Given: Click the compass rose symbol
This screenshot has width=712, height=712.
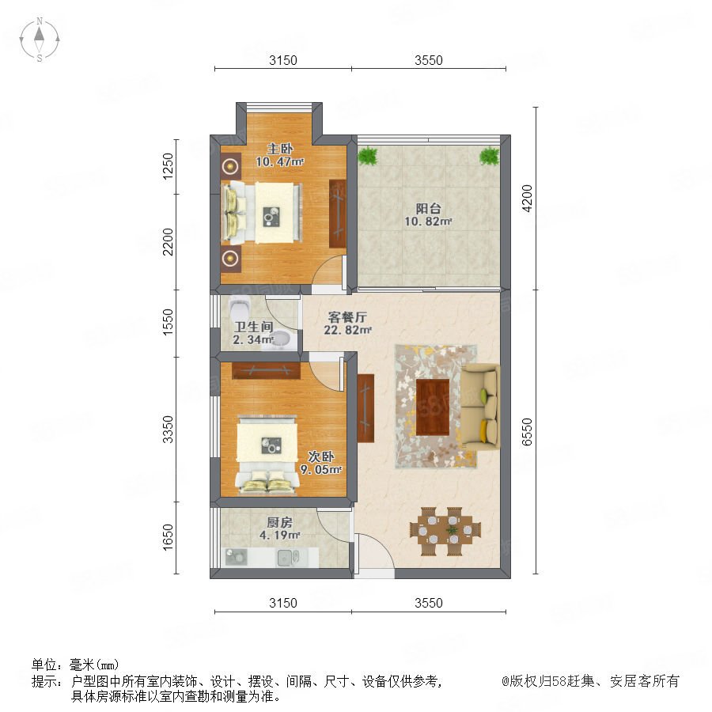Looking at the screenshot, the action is pyautogui.click(x=40, y=40).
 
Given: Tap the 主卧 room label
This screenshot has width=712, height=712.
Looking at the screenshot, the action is pyautogui.click(x=279, y=149).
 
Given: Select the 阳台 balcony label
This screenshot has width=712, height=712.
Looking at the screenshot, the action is pyautogui.click(x=428, y=208).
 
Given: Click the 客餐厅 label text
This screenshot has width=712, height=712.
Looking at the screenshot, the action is pyautogui.click(x=347, y=317).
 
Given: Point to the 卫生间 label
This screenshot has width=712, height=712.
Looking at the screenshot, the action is pyautogui.click(x=253, y=327).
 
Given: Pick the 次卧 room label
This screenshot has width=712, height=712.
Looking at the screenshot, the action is pyautogui.click(x=321, y=456).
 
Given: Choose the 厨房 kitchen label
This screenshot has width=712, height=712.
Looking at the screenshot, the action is pyautogui.click(x=279, y=522).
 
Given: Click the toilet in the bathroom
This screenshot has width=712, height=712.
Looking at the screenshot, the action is pyautogui.click(x=239, y=309).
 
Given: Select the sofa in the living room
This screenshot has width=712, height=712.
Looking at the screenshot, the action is pyautogui.click(x=480, y=407).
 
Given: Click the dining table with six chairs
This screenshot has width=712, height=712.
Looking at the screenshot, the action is pyautogui.click(x=445, y=531).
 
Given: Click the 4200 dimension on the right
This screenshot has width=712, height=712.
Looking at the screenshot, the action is pyautogui.click(x=527, y=198).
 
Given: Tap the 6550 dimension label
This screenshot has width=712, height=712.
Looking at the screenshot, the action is pyautogui.click(x=527, y=432).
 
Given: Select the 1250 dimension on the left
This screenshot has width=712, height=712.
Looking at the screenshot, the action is pyautogui.click(x=168, y=166).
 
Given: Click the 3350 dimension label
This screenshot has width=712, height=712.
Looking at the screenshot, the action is pyautogui.click(x=168, y=429).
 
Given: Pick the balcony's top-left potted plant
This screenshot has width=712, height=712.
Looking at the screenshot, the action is pyautogui.click(x=367, y=156).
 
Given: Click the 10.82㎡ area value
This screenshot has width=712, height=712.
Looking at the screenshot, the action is pyautogui.click(x=428, y=222).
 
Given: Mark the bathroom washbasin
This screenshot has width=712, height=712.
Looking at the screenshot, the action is pyautogui.click(x=281, y=340).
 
